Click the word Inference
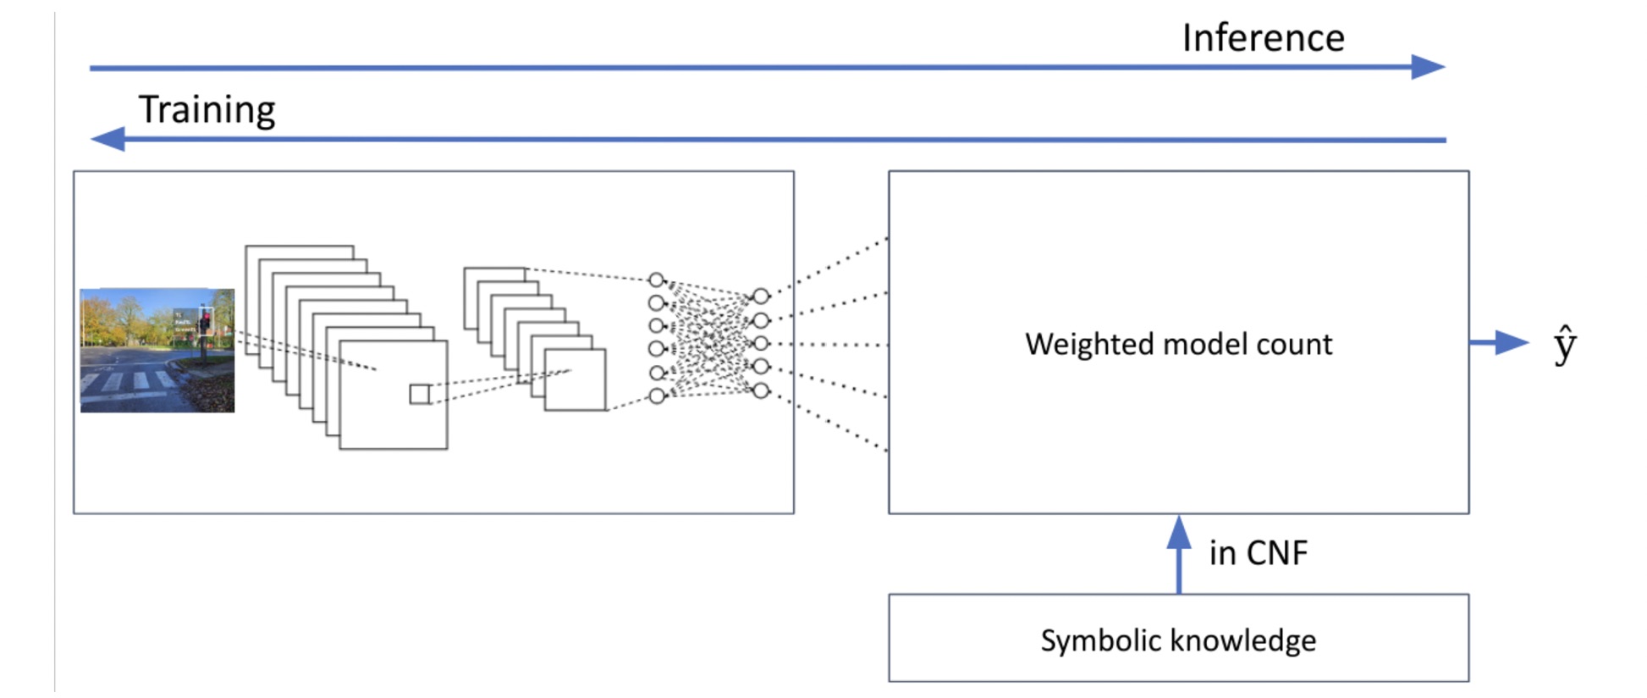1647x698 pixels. tap(1263, 38)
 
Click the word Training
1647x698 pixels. tap(207, 110)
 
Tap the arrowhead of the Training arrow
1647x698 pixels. tap(107, 139)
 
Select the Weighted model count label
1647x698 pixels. tap(1178, 344)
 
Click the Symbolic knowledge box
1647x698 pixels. tap(1178, 638)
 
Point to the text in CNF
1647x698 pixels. tap(1258, 553)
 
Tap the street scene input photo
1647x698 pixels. tap(157, 350)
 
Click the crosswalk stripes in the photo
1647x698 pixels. tap(131, 383)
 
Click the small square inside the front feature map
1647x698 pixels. tap(420, 394)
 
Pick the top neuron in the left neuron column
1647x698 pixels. tap(656, 280)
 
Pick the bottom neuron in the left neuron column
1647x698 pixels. tap(657, 396)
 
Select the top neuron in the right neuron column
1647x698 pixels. tap(761, 296)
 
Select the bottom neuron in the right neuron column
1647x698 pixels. tap(761, 391)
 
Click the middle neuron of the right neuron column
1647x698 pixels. tap(761, 343)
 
